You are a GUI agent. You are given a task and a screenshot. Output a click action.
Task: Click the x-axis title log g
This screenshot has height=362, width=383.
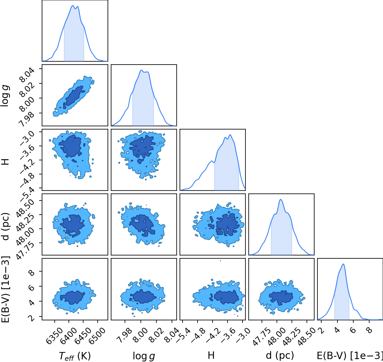144,356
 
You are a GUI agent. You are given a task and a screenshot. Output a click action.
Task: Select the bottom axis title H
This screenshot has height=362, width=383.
211,355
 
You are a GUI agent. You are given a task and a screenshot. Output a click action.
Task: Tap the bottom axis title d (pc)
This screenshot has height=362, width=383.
280,356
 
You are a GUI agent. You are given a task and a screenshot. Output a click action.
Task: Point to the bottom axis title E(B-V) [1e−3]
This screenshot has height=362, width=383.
350,356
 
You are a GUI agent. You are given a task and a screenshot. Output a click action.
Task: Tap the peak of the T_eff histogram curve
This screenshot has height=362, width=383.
73,6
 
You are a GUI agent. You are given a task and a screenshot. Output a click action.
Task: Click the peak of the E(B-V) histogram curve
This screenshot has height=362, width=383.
343,264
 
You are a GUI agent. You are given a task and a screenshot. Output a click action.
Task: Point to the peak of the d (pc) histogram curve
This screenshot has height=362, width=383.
281,199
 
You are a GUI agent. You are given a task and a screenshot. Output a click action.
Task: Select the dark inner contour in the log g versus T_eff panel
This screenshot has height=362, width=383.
75,96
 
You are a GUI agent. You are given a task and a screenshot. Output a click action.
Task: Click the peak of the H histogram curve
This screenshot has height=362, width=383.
230,135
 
